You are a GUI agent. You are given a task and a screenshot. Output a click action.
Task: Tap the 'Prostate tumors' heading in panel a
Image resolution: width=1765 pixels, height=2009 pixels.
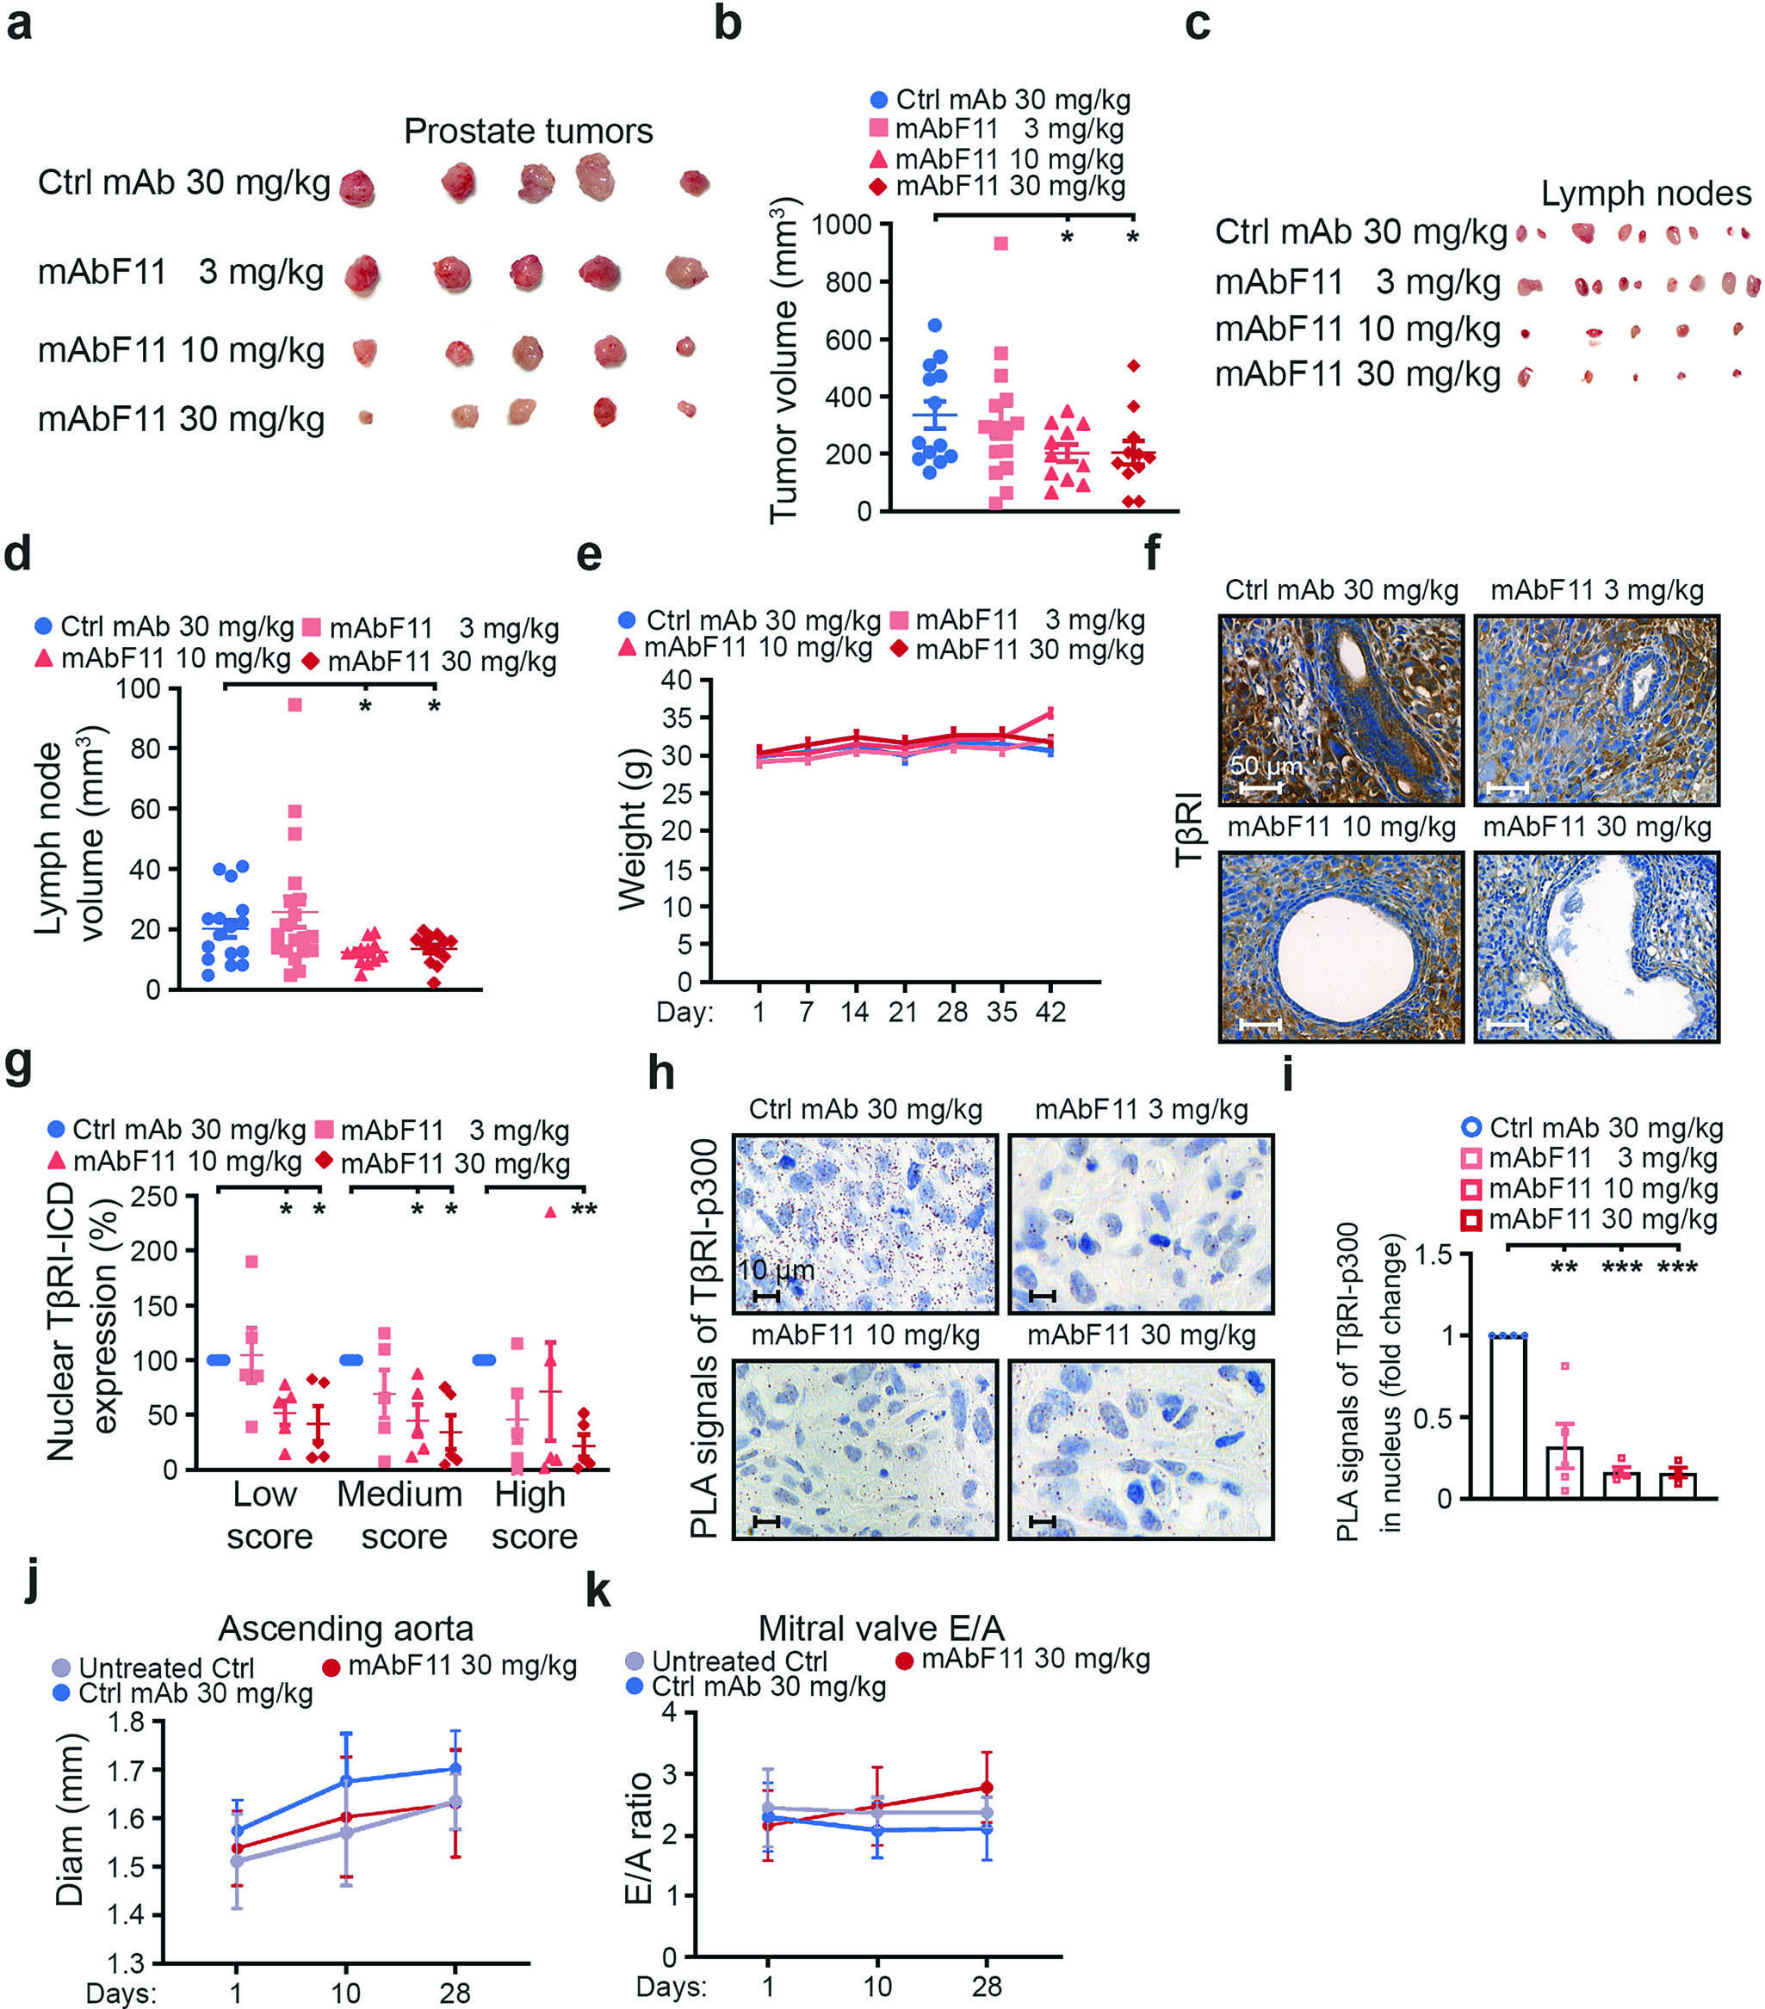coord(528,131)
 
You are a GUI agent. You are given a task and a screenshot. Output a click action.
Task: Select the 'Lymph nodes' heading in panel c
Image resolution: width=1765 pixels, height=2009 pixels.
coord(1646,194)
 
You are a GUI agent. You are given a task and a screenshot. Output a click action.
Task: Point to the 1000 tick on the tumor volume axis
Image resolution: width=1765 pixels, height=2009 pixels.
coord(842,225)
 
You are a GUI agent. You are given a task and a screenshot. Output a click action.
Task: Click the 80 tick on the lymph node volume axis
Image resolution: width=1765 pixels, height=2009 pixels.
coord(146,749)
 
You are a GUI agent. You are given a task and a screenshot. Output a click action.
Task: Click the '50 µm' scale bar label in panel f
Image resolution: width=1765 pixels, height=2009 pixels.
coord(1266,766)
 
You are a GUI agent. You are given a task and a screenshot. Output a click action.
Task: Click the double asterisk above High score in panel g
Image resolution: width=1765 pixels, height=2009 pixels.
coord(584,1210)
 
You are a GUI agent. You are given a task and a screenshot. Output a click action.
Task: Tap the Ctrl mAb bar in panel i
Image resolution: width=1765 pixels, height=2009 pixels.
coord(1508,1416)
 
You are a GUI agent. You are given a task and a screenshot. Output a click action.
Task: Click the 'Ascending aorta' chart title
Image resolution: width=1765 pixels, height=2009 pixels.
coord(346,1630)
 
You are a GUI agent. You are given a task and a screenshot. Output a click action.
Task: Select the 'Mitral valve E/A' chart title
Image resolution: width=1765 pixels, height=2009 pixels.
coord(881,1630)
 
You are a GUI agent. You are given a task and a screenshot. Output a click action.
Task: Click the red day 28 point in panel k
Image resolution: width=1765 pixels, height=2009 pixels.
coord(986,1788)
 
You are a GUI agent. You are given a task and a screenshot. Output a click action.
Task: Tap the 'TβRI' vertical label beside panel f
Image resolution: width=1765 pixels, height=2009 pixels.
coord(1191,829)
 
